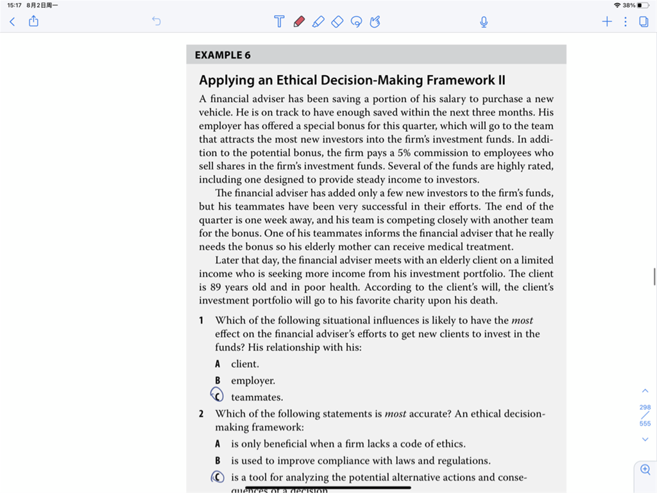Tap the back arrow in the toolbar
(x=12, y=22)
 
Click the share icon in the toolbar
(x=34, y=22)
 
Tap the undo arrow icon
(x=156, y=22)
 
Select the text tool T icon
(x=279, y=22)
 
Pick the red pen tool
(x=298, y=22)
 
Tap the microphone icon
(x=484, y=22)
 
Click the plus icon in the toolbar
(x=607, y=22)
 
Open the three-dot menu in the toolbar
(x=626, y=22)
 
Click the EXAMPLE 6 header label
(x=223, y=55)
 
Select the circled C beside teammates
(x=218, y=396)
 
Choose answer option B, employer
(x=253, y=381)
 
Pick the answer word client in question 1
(x=245, y=364)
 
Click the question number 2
(x=201, y=414)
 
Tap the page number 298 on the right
(x=645, y=407)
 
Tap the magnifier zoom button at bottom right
(x=645, y=470)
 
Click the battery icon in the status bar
(x=644, y=5)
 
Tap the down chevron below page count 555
(x=645, y=439)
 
